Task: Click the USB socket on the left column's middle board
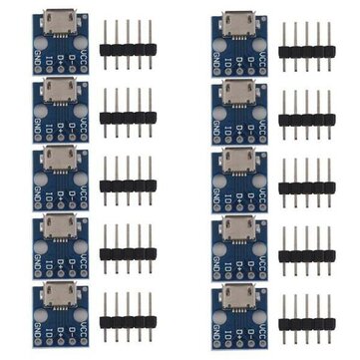tap(56, 160)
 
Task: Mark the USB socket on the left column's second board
tap(56, 92)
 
